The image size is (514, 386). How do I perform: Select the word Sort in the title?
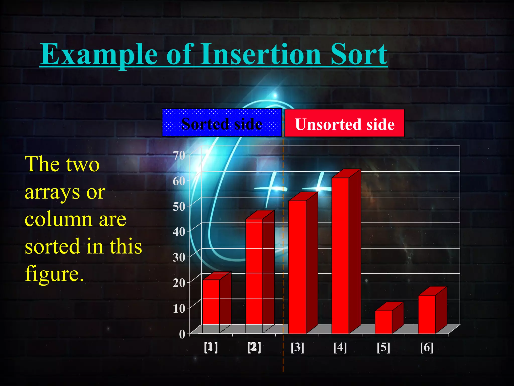[359, 54]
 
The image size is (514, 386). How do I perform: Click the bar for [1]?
[211, 302]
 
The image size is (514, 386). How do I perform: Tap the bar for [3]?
[297, 266]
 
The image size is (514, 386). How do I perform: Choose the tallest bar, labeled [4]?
[340, 255]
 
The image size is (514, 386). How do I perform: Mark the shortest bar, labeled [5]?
[383, 322]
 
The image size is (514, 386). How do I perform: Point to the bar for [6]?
[427, 314]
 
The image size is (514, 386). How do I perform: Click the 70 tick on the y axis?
[179, 155]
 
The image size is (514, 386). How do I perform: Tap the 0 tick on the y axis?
[182, 334]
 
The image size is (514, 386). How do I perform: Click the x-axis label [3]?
[297, 348]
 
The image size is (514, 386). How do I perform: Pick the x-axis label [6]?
[427, 348]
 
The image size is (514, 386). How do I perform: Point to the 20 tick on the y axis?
[179, 283]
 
